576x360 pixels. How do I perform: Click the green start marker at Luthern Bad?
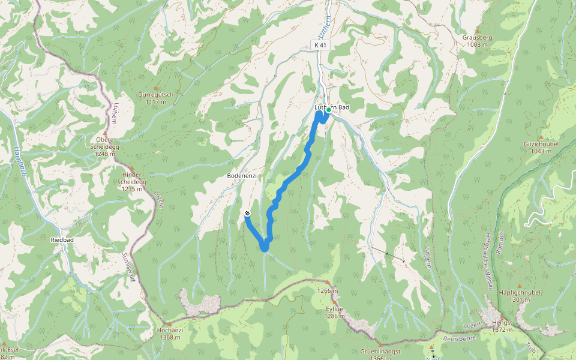328,110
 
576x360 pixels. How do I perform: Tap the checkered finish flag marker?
247,213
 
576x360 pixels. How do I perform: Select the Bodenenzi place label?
242,175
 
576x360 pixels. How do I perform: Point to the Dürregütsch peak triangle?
156,88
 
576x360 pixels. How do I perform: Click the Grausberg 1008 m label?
477,40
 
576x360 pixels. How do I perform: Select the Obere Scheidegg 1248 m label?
104,146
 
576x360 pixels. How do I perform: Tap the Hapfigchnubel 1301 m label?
520,296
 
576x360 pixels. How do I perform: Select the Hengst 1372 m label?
502,326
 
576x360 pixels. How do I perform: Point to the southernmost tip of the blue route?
264,249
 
